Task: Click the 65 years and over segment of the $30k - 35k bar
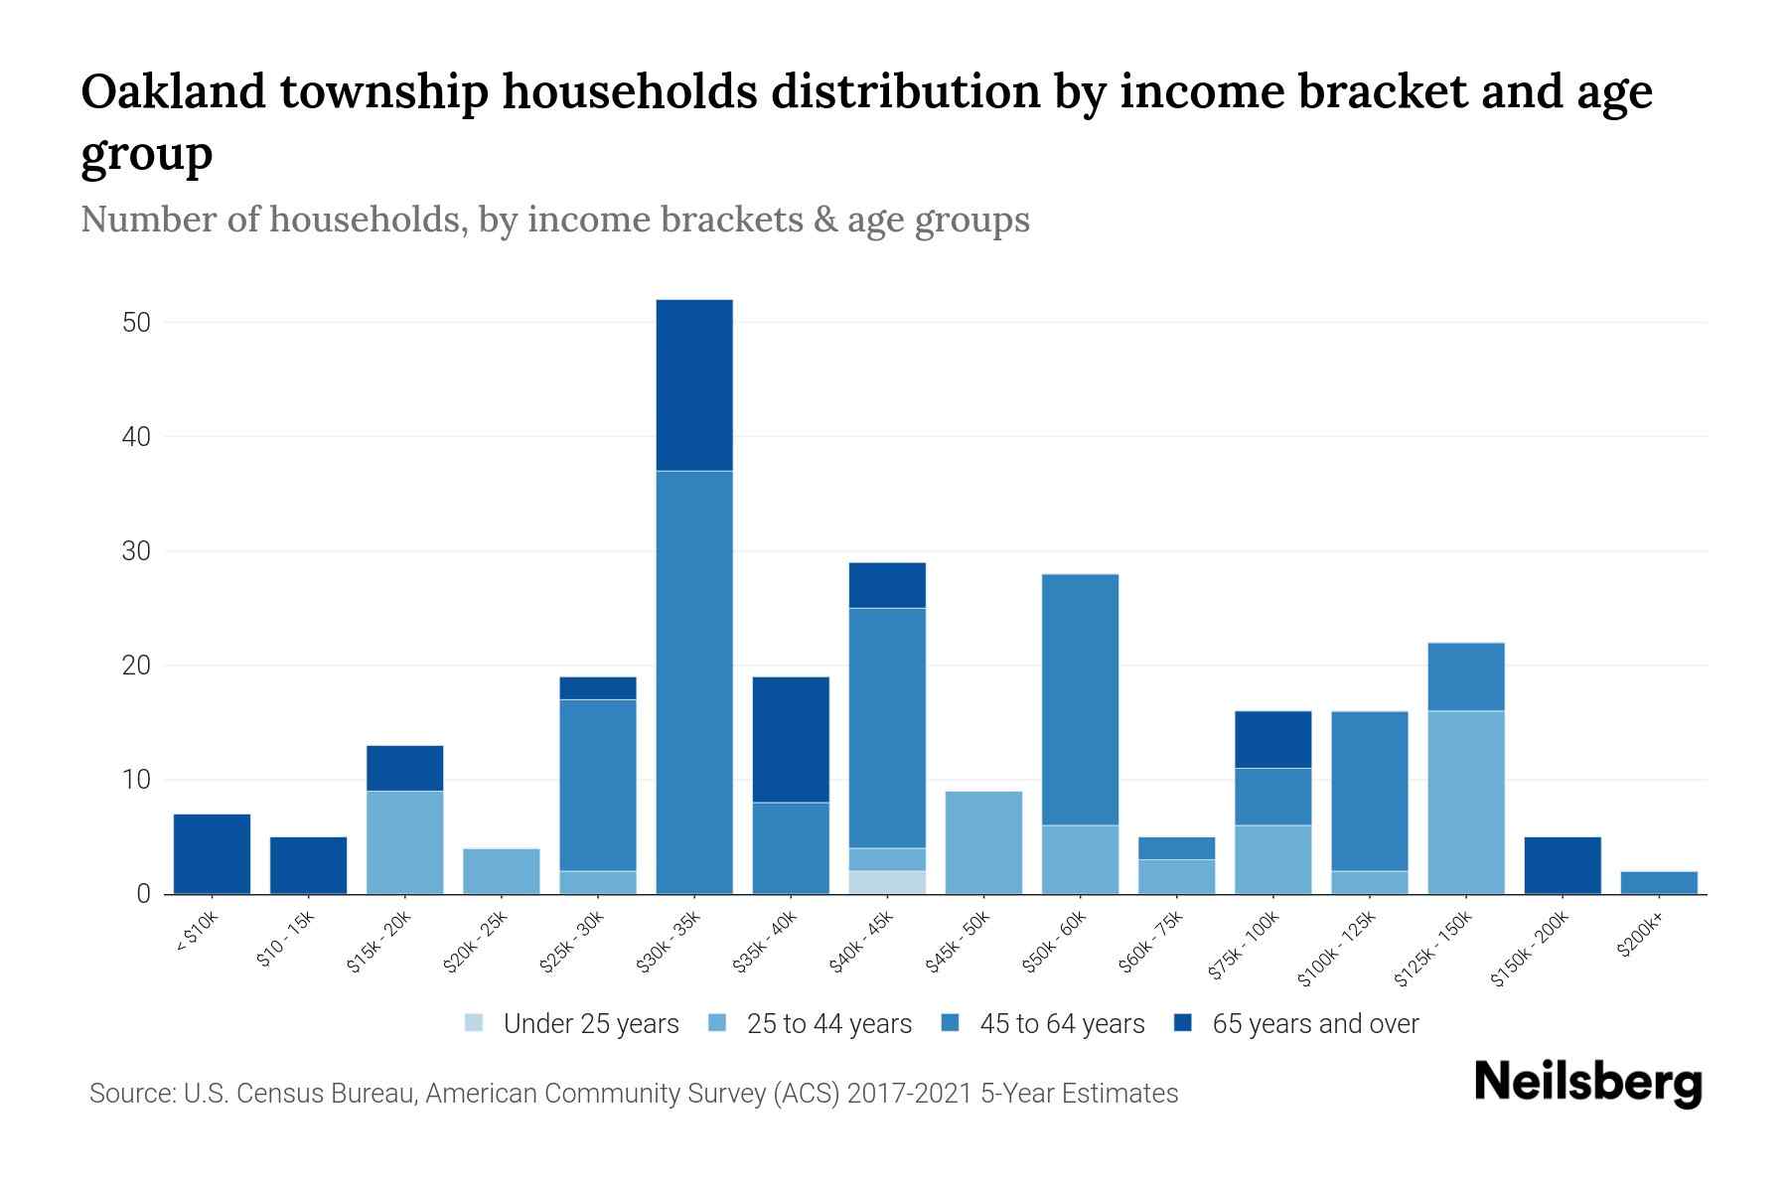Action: (694, 385)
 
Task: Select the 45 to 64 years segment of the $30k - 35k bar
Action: (694, 682)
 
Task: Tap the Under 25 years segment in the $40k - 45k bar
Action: (887, 882)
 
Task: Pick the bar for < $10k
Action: (212, 854)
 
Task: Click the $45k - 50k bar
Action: (983, 842)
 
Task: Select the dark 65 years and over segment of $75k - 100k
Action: (1272, 739)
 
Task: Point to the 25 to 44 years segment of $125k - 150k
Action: (1465, 803)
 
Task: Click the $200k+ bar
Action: (1658, 882)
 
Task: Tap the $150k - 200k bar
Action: (1562, 865)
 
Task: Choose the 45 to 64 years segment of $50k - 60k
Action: (1080, 699)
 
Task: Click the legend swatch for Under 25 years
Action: (474, 1023)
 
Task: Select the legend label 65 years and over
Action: (1315, 1023)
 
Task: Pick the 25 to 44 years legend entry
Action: (828, 1023)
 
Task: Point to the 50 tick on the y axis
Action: (136, 323)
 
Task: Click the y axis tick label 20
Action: (136, 666)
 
